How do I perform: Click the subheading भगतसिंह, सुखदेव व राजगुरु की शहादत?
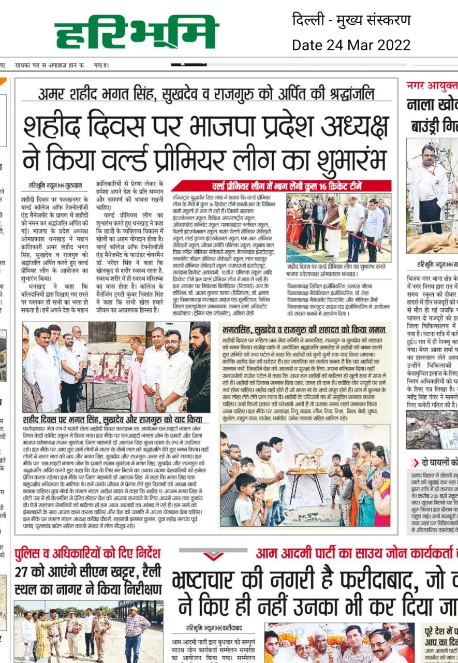[305, 329]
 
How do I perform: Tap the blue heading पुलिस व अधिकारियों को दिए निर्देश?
[88, 553]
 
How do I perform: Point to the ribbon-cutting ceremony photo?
[338, 228]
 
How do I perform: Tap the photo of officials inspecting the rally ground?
[88, 632]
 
